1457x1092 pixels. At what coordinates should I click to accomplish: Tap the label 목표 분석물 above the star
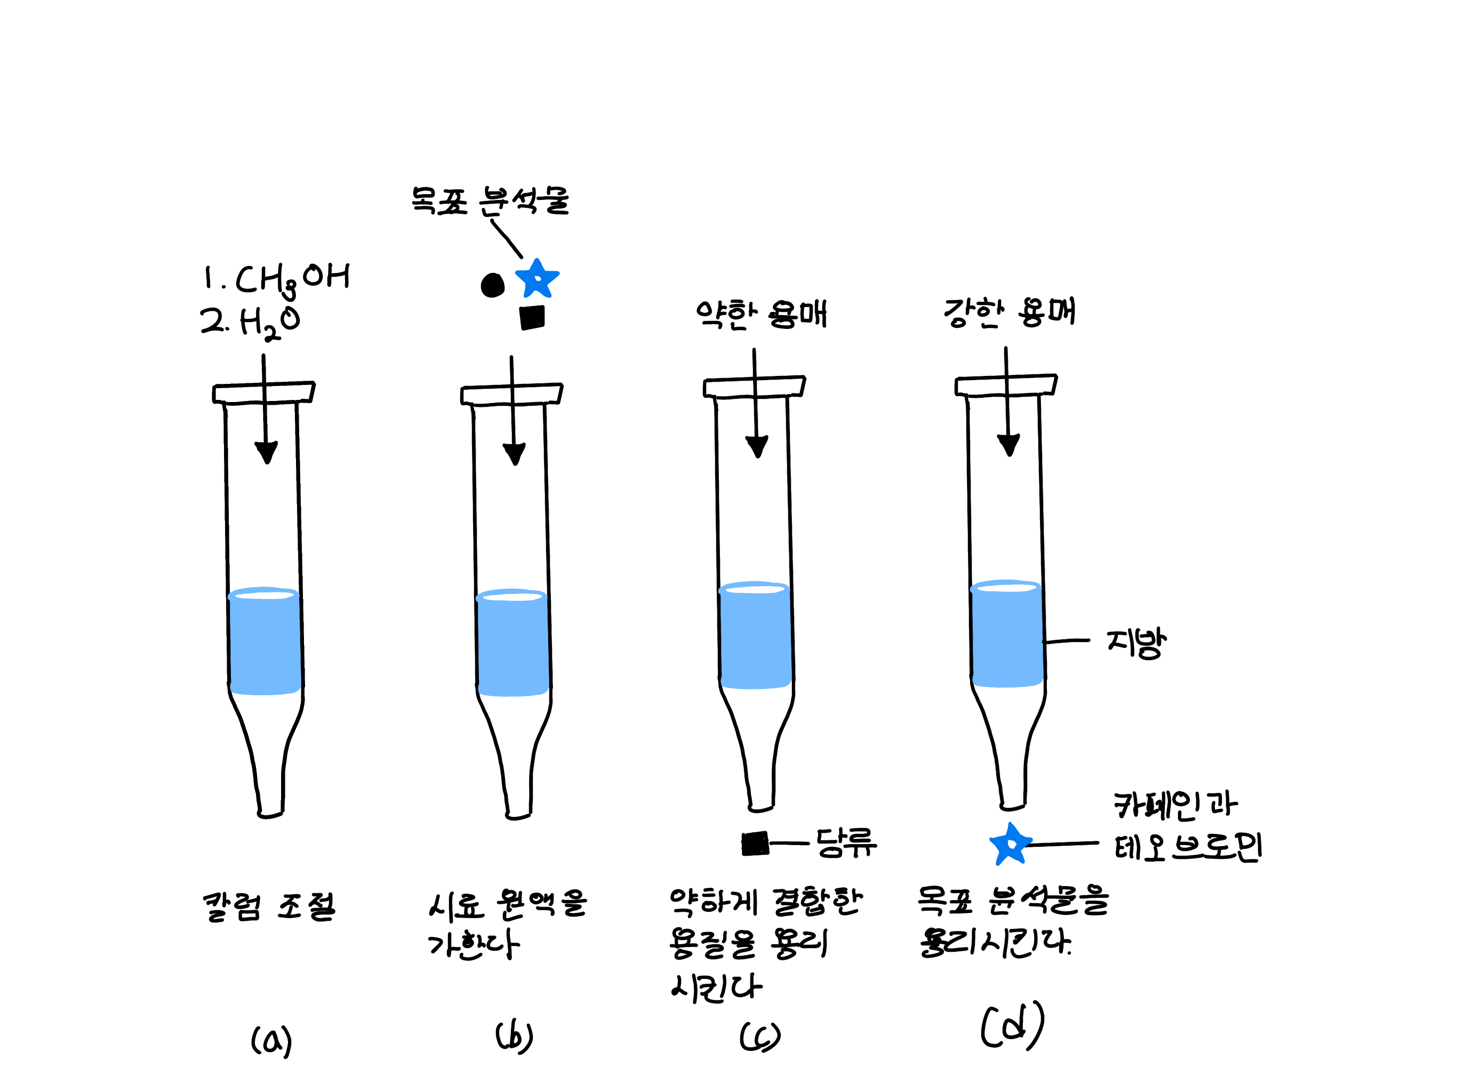490,201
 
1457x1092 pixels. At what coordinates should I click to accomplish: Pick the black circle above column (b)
493,285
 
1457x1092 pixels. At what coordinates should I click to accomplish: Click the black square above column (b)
532,317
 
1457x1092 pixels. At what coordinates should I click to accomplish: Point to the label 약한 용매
761,314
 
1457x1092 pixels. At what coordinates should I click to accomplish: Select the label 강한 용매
1009,312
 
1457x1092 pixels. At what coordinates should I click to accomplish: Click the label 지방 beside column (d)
1135,641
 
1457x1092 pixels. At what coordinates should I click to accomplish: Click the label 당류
846,842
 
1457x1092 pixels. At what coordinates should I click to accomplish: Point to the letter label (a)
271,1041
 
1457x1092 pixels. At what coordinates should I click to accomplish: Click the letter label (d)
1012,1026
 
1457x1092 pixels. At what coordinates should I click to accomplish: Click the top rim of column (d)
1006,386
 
